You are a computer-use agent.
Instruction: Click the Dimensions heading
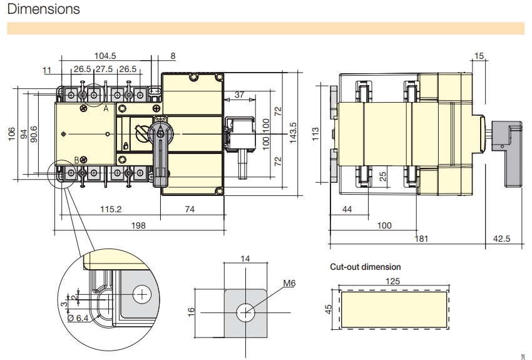point(43,9)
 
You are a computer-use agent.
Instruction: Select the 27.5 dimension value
point(105,69)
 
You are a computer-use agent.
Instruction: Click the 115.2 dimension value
point(111,209)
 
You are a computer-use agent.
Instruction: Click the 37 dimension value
point(240,95)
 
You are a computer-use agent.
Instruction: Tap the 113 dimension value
point(315,135)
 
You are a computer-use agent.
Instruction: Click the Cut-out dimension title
point(366,267)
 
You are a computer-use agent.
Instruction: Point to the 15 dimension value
point(479,56)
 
